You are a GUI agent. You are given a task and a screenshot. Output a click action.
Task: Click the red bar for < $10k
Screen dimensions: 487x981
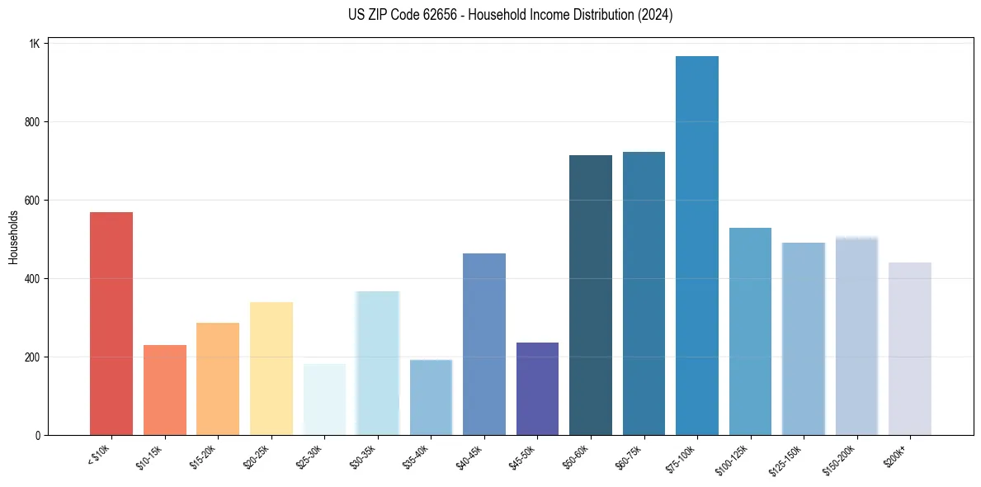(111, 324)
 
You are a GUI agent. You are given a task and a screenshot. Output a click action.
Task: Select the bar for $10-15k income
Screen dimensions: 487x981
(165, 390)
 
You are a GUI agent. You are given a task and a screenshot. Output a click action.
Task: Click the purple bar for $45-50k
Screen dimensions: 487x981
(537, 389)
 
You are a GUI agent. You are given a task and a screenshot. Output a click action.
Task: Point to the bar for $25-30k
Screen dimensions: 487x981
(324, 400)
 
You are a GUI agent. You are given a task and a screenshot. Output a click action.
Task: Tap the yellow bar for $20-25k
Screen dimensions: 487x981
(271, 368)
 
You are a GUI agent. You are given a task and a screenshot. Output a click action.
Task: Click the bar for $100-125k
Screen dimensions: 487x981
(750, 331)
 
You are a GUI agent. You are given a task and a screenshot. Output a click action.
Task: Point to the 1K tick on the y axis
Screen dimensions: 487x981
(34, 43)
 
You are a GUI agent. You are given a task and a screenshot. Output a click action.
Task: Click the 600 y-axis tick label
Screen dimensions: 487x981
(31, 201)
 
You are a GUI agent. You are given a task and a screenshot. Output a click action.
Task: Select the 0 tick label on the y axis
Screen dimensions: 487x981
(37, 435)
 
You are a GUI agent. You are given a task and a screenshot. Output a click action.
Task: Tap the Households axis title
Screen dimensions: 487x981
(14, 238)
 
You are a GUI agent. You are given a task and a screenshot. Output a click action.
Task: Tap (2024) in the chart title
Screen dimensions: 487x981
(656, 15)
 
